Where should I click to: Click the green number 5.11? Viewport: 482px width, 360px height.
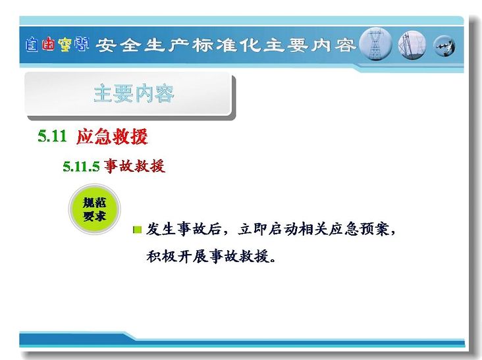[x=52, y=136]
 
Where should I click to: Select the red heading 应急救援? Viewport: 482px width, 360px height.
[x=112, y=136]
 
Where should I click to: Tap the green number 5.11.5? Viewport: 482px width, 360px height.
[x=81, y=167]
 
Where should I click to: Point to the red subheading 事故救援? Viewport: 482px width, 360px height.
[x=134, y=166]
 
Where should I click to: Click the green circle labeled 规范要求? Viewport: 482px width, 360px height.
[x=94, y=209]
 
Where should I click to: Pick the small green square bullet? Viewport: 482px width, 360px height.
[x=138, y=230]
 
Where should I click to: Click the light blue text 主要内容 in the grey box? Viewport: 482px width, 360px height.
[x=134, y=93]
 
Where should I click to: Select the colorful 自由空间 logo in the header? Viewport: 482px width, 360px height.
[x=57, y=45]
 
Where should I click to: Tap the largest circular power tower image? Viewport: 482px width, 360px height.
[x=375, y=44]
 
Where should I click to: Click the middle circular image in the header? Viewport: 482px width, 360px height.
[x=412, y=45]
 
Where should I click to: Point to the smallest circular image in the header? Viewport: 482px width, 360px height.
[x=444, y=46]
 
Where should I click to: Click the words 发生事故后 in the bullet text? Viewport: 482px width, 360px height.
[x=184, y=229]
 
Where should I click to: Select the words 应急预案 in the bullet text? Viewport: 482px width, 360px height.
[x=358, y=229]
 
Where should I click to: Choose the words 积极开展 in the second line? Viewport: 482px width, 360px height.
[x=176, y=256]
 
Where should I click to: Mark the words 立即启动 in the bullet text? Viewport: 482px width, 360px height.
[x=267, y=229]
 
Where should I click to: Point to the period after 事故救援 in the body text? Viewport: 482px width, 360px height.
[x=273, y=261]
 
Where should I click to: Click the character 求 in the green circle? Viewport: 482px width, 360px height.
[x=100, y=217]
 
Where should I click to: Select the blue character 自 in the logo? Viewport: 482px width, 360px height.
[x=32, y=45]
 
